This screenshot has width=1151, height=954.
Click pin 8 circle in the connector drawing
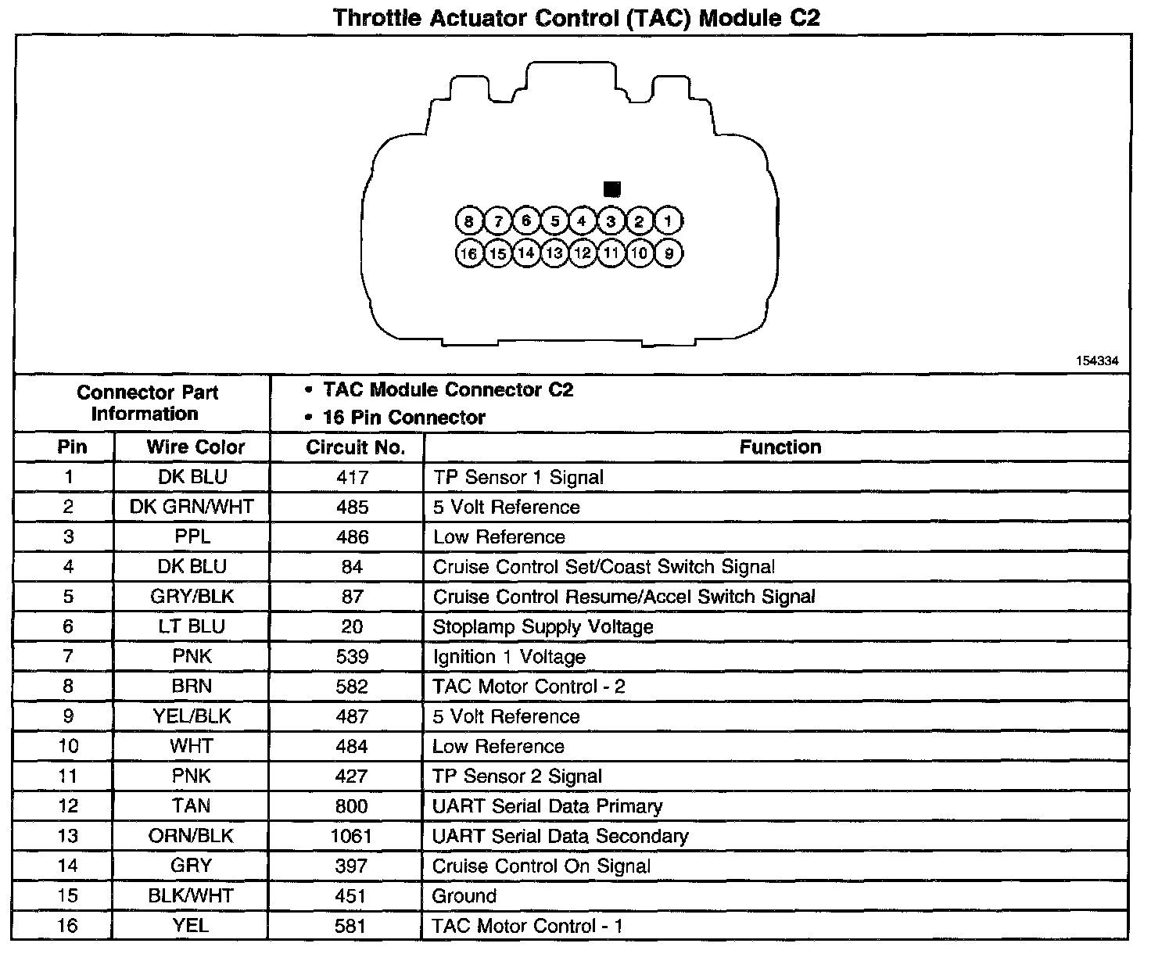[x=468, y=221]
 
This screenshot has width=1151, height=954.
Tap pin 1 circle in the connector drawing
[x=668, y=221]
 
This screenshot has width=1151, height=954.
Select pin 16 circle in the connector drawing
[x=468, y=253]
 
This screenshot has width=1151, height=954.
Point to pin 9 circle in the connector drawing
[x=669, y=253]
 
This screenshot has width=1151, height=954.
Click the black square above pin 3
[x=612, y=189]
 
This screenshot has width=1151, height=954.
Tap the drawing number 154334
[x=1097, y=360]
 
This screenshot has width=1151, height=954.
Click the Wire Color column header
[x=195, y=447]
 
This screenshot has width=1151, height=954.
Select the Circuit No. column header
[x=355, y=447]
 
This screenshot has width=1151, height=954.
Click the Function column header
[x=780, y=447]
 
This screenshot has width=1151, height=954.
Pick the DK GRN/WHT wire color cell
[x=192, y=507]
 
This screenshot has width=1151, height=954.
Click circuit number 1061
[x=352, y=836]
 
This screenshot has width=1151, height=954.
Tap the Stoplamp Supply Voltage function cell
[x=543, y=627]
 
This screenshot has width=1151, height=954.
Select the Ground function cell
[x=464, y=896]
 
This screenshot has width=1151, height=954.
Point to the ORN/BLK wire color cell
[x=191, y=836]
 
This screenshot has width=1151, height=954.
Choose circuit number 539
[x=352, y=657]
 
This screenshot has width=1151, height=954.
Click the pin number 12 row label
[x=68, y=806]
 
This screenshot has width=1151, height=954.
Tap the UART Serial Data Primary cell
[x=547, y=806]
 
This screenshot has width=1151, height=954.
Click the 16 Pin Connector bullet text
[x=403, y=418]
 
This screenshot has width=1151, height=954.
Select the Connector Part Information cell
[x=147, y=403]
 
